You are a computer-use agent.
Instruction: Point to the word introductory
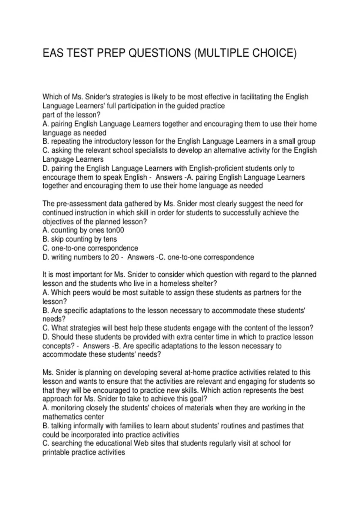tap(115, 141)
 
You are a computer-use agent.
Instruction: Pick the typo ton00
tap(115, 230)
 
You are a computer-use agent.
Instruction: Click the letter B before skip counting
tap(45, 239)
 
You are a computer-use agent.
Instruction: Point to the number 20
tap(115, 257)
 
